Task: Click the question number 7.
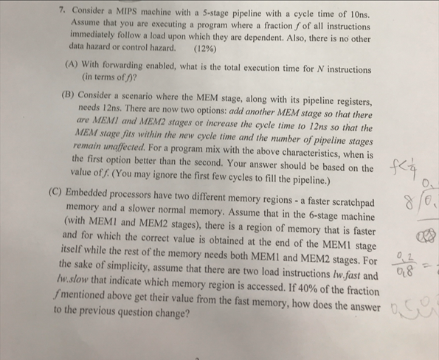click(64, 13)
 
